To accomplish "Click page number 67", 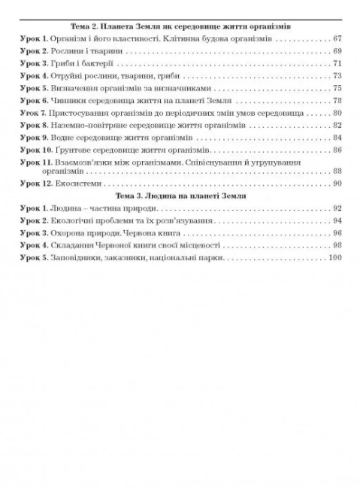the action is (337, 38).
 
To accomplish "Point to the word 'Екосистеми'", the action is (70, 183).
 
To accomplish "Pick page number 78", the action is (337, 100).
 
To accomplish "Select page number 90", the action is (337, 183).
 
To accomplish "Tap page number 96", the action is (337, 233).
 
